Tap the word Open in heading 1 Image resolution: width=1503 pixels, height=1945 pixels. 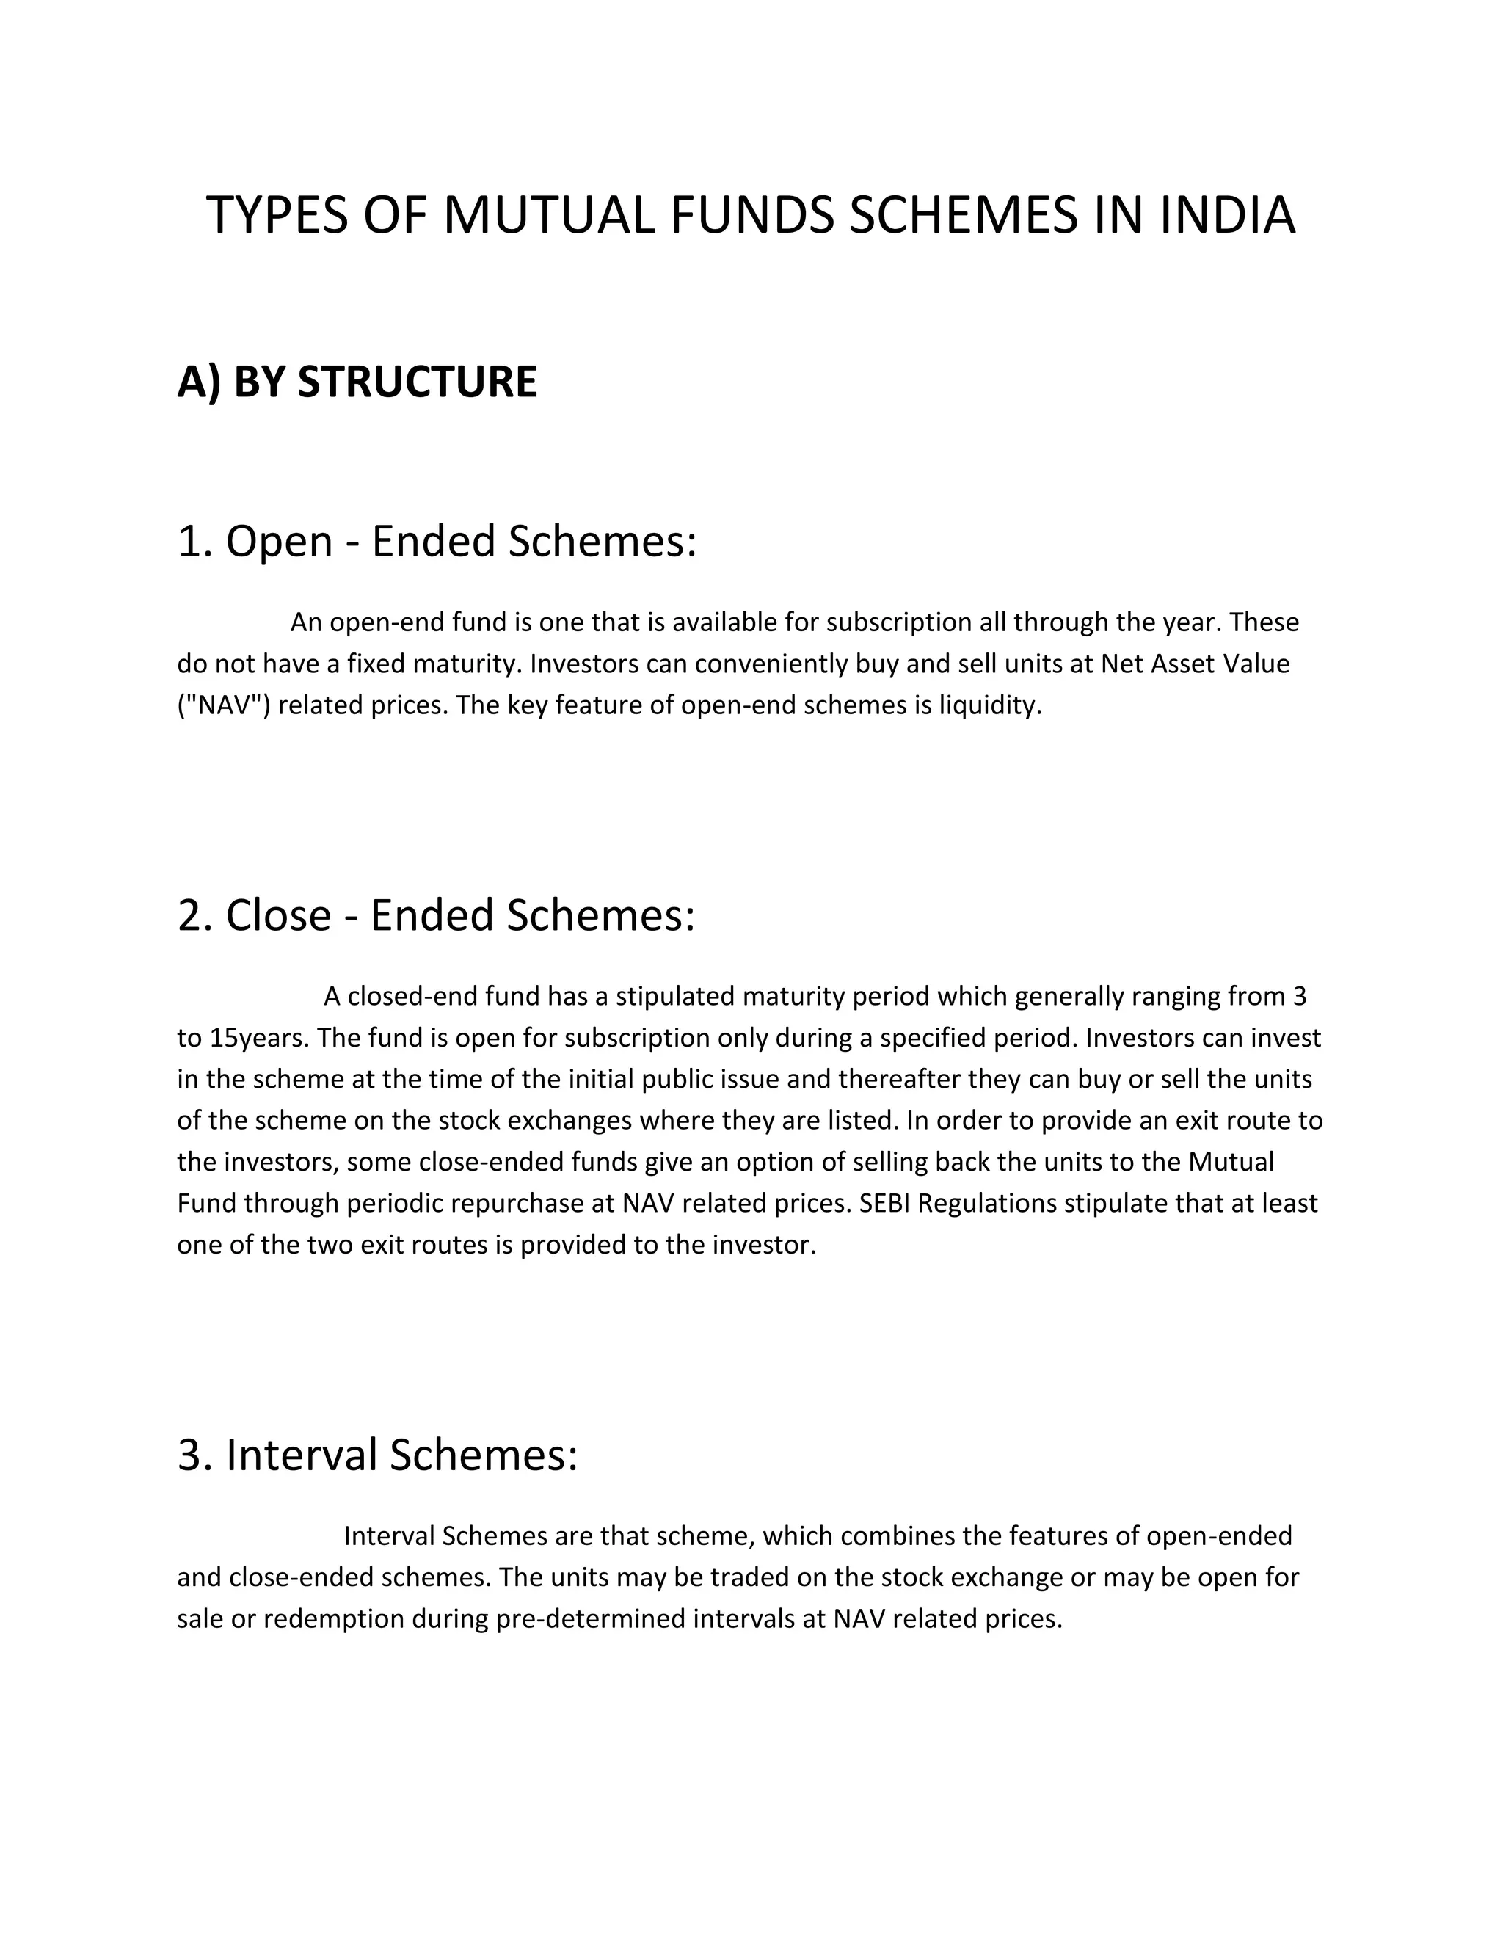pyautogui.click(x=279, y=542)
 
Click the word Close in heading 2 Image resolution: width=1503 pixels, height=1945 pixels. pyautogui.click(x=278, y=915)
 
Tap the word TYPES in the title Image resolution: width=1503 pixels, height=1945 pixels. pyautogui.click(x=276, y=217)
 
